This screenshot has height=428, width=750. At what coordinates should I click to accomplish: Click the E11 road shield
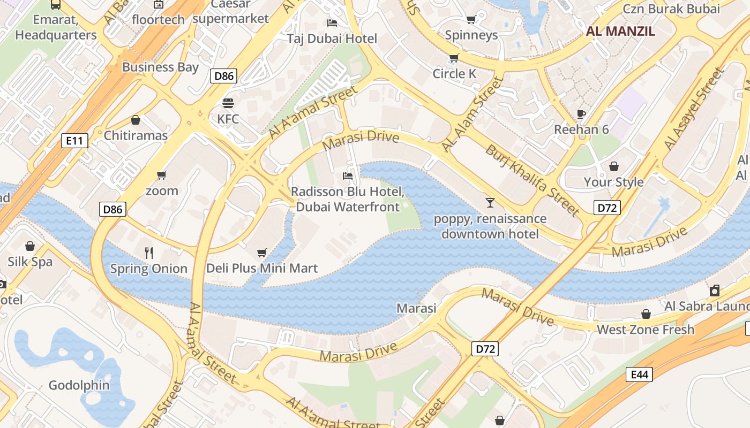coord(74,141)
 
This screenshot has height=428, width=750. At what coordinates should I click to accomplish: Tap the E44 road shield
coord(640,374)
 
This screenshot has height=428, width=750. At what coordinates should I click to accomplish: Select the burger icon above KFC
coord(228,103)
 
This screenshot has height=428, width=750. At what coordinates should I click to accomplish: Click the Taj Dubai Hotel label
coord(332,39)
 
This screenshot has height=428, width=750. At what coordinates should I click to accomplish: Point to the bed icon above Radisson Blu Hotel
coord(348,175)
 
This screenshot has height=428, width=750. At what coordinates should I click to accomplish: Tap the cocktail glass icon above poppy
coord(490,202)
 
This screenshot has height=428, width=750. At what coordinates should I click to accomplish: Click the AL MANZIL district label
coord(620,30)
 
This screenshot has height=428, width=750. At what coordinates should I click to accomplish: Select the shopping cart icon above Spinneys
coord(471,20)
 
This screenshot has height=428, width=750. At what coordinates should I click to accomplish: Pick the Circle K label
coord(454,73)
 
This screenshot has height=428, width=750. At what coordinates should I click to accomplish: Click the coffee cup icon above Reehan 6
coord(581,114)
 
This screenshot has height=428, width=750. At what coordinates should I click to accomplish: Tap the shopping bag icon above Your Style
coord(613,166)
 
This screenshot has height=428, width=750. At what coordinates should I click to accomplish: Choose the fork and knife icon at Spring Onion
coord(149,253)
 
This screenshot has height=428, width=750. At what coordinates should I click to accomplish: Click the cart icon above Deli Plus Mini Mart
coord(262,253)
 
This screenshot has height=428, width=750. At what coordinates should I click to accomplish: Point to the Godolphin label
coord(79,385)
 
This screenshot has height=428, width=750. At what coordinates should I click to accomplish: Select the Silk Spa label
coord(30,262)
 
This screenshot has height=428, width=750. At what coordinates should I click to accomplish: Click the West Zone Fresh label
coord(646,329)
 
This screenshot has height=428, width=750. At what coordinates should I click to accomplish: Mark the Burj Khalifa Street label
coord(532,180)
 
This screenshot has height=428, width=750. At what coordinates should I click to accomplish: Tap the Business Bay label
coord(160,67)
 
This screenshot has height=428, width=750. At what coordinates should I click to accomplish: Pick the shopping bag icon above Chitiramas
coord(136,120)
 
